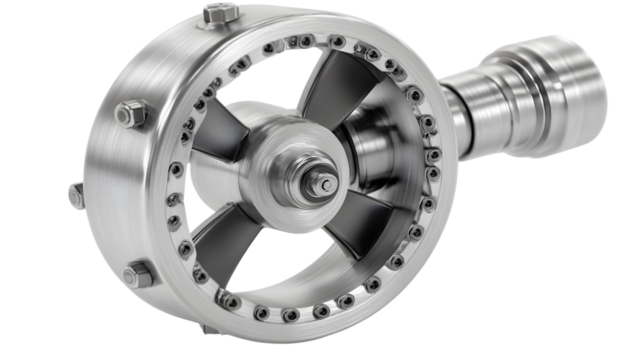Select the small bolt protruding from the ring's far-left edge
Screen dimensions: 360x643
76,196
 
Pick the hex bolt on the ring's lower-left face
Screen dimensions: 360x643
138,272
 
